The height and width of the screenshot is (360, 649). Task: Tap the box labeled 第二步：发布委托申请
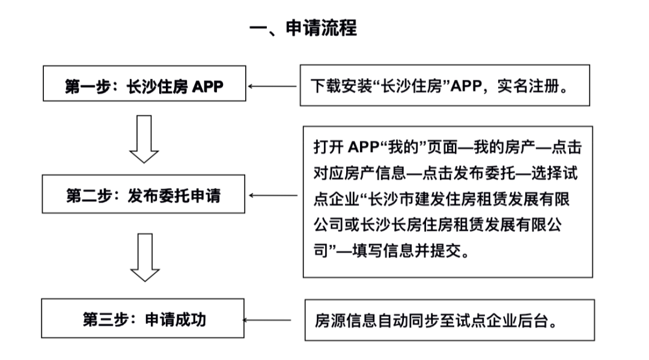144,195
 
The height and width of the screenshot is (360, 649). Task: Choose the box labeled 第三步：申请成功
144,319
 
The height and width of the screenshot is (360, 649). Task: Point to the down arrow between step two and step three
144,257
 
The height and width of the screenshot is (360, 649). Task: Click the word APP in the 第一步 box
207,86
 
